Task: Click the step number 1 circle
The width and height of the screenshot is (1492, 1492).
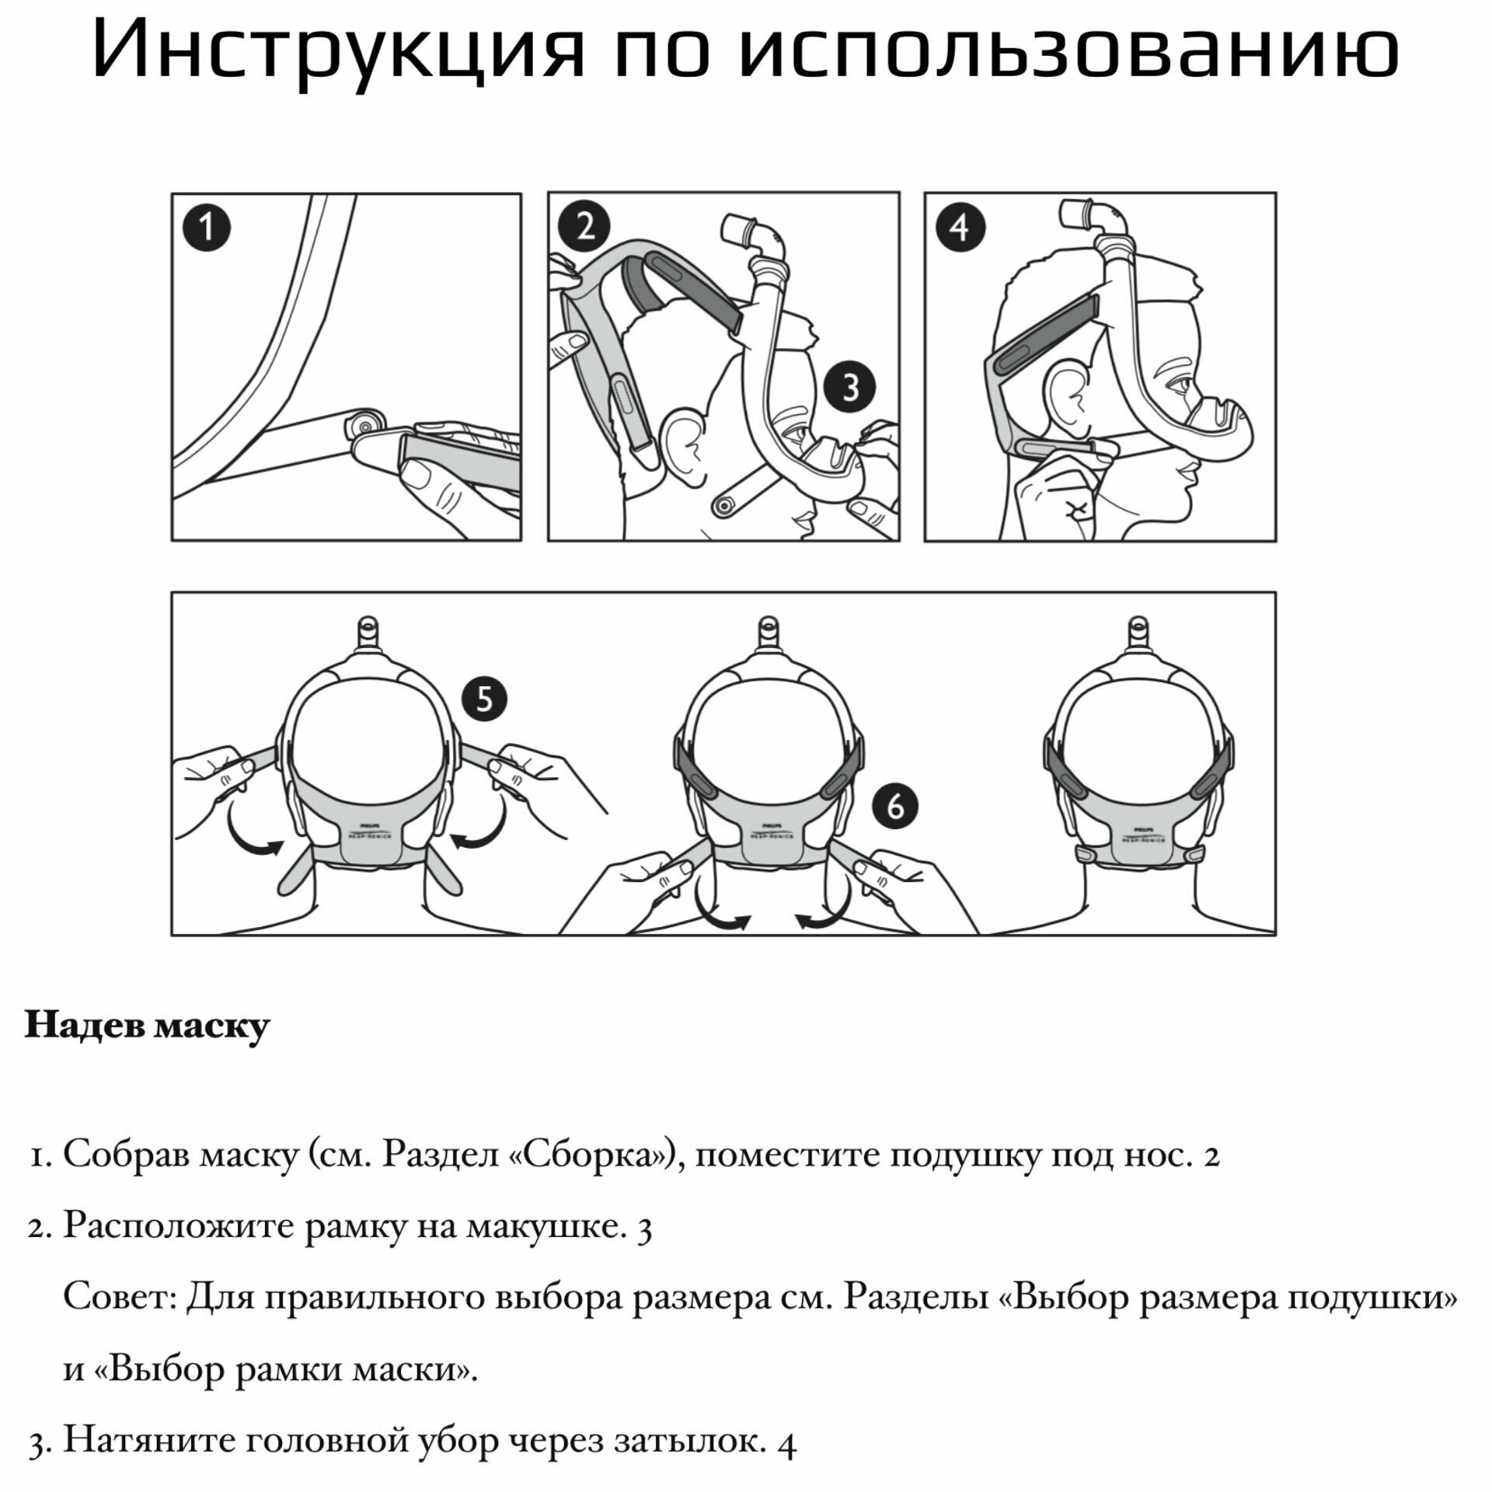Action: pyautogui.click(x=206, y=228)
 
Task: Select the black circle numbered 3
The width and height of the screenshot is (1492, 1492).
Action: pyautogui.click(x=849, y=387)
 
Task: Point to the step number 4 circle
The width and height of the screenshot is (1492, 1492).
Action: pyautogui.click(x=960, y=228)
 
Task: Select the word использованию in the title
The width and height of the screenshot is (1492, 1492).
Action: pyautogui.click(x=1068, y=51)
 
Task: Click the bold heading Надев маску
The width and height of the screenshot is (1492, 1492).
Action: pyautogui.click(x=147, y=1026)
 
